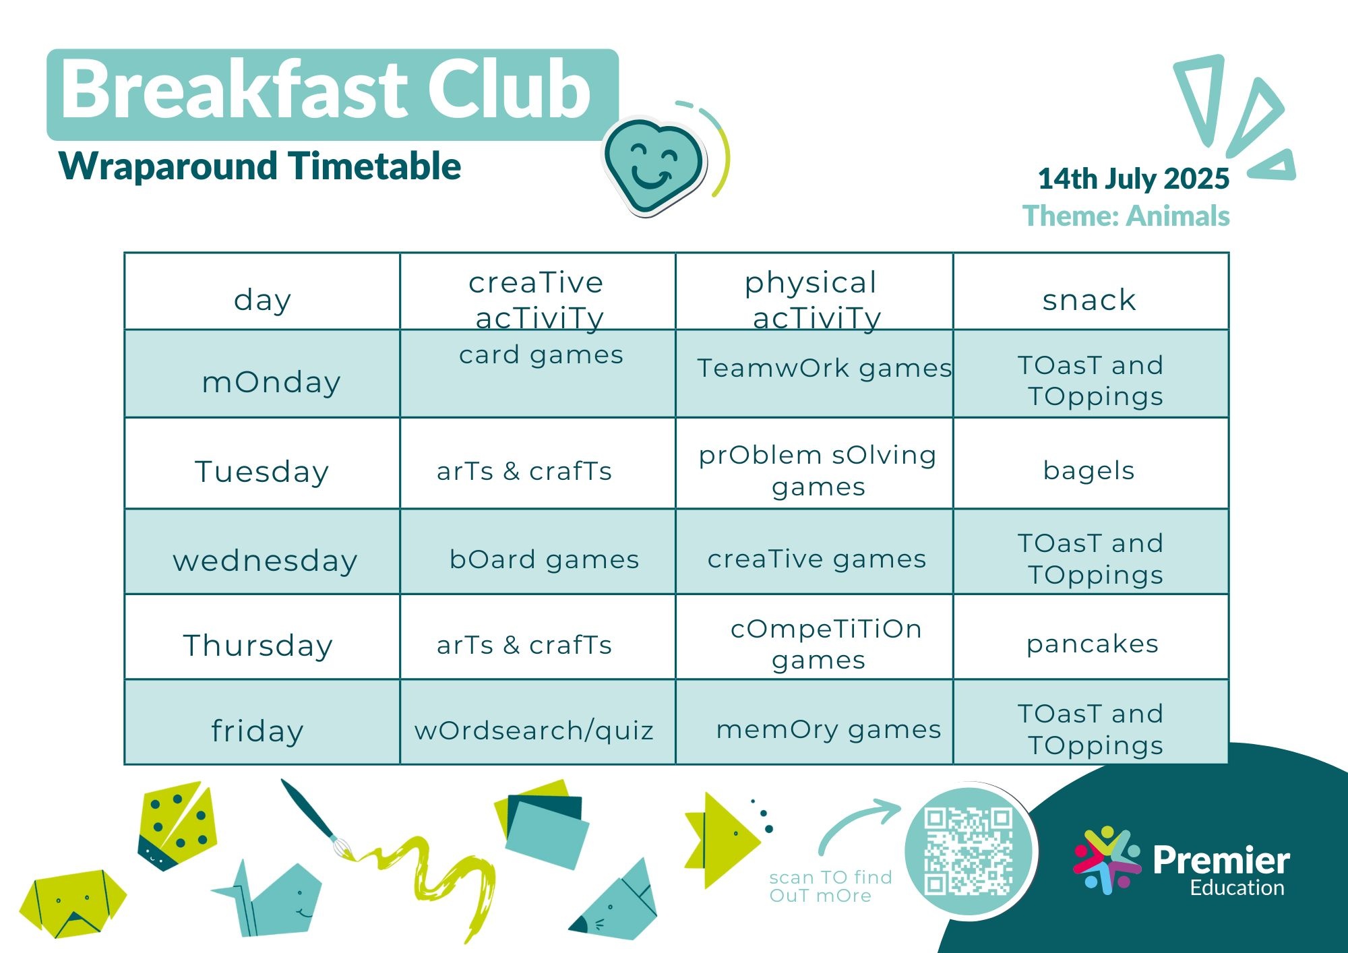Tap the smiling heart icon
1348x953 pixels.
click(653, 165)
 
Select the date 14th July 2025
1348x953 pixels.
click(1134, 179)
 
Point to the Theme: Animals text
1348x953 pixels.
click(1126, 216)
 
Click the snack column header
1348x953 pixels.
click(1089, 300)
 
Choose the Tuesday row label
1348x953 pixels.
click(262, 471)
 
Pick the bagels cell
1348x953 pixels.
click(1089, 471)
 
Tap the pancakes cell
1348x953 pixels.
click(1093, 644)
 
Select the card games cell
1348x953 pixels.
click(541, 355)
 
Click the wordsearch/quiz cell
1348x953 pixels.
click(534, 731)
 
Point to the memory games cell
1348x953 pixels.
click(828, 730)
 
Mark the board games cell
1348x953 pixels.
click(544, 560)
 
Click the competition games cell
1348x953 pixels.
click(826, 644)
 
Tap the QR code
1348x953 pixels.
click(969, 851)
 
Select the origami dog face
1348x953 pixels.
click(72, 904)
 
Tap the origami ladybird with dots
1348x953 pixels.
click(177, 826)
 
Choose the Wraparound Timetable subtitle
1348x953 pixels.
click(260, 166)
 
